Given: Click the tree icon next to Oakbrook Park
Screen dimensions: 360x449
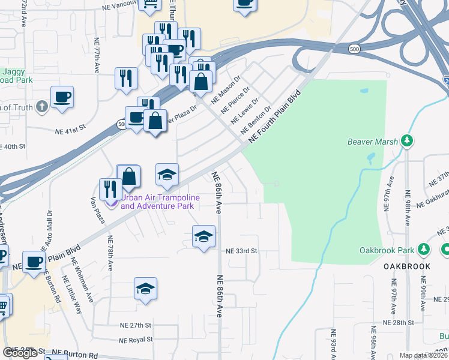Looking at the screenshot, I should tap(423, 248).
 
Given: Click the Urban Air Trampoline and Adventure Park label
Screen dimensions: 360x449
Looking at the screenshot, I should tap(157, 202).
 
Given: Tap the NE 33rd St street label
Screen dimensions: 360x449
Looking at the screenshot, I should tap(241, 251).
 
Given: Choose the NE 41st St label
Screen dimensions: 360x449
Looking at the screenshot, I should tap(71, 130).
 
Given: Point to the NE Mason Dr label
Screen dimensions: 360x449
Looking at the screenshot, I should tap(226, 88).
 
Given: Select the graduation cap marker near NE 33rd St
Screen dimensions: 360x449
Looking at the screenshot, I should tap(204, 236).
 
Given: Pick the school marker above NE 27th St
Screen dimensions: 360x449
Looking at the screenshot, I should tap(145, 289).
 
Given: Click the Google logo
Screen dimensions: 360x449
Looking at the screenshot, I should tap(20, 353).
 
